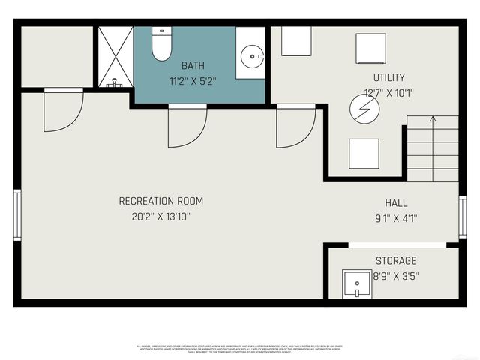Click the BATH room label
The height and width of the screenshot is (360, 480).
[x=193, y=66]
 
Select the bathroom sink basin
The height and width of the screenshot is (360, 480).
[x=253, y=55]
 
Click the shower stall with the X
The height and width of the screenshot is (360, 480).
[x=113, y=57]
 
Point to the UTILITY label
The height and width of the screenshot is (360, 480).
[x=388, y=77]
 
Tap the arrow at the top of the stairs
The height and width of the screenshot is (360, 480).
[x=432, y=118]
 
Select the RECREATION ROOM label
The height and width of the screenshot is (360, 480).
[x=160, y=201]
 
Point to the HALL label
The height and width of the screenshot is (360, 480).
[x=396, y=203]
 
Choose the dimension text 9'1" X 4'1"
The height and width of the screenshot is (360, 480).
[x=395, y=219]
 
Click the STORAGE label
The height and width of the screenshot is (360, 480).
[x=395, y=260]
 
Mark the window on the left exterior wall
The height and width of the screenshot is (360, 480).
[x=16, y=214]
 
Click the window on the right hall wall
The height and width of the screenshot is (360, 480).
[x=463, y=217]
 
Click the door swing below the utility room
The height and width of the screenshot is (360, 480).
[x=295, y=126]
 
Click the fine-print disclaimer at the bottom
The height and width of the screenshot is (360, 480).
[x=239, y=349]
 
